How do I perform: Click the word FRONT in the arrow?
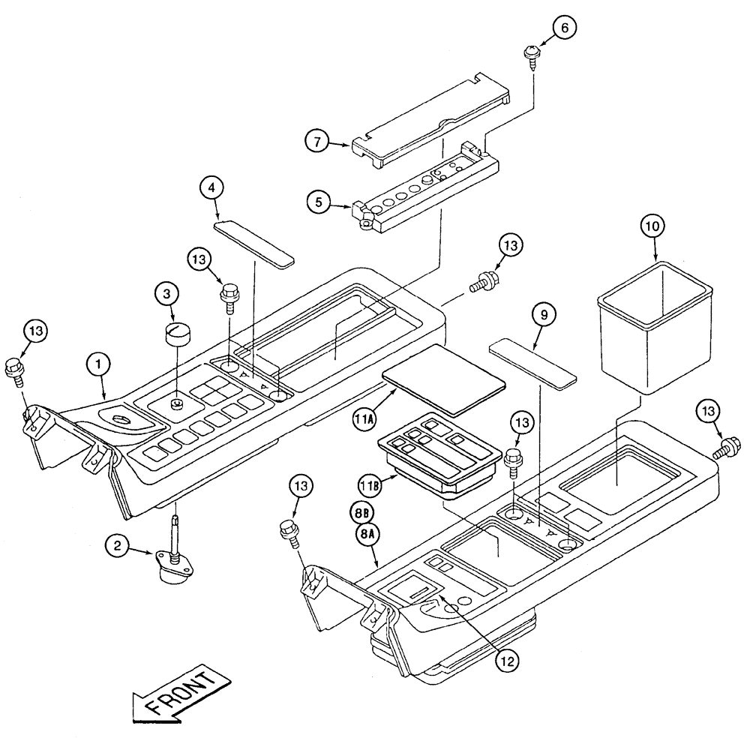coord(181,692)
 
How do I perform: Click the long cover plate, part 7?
coord(431,121)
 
